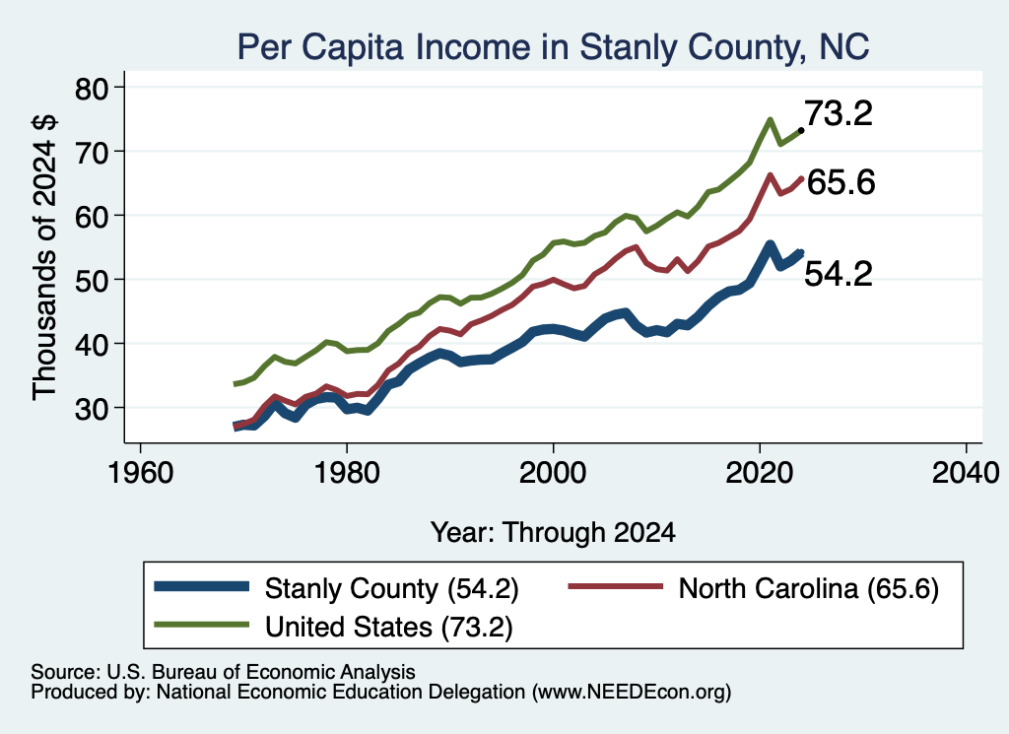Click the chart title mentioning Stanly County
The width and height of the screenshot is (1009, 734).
tap(554, 47)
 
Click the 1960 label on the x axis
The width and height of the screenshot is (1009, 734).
tap(140, 473)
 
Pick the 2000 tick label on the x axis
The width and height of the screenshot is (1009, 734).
tap(553, 473)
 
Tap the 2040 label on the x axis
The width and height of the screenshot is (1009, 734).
tap(966, 473)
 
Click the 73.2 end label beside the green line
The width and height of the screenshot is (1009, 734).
tap(839, 113)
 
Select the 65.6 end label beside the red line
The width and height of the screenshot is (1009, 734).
tap(841, 182)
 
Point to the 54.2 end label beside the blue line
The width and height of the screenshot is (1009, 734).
tap(839, 273)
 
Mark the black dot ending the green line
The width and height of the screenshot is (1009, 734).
tap(800, 131)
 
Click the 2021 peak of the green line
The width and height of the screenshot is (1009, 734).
tap(770, 119)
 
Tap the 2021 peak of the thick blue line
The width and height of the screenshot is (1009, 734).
tap(770, 245)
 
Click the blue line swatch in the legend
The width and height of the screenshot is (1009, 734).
tap(201, 586)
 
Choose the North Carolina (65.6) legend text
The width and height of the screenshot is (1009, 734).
tap(809, 588)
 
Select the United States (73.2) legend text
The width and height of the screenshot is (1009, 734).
tap(388, 628)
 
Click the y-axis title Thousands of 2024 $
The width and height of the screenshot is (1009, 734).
tap(44, 257)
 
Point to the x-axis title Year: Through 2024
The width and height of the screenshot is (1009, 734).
tap(553, 533)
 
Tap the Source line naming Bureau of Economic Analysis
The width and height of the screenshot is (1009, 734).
tap(223, 672)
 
